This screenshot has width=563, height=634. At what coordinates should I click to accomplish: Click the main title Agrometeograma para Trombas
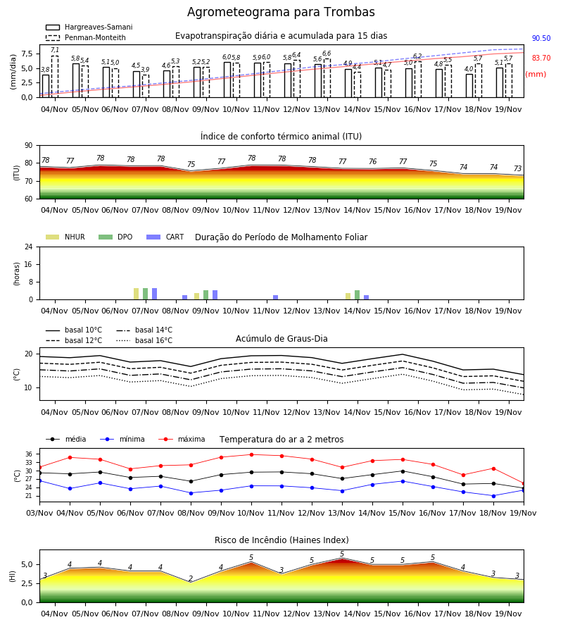[x=281, y=12]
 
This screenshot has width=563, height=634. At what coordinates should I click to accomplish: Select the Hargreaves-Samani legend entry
[x=89, y=27]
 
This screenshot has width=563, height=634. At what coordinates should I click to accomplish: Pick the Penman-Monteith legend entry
[x=86, y=37]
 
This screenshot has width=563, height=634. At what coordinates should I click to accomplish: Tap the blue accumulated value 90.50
[x=541, y=39]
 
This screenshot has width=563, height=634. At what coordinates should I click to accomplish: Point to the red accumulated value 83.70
[x=541, y=58]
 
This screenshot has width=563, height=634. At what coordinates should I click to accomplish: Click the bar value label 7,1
[x=55, y=50]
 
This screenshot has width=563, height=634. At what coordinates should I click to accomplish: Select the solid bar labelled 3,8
[x=46, y=86]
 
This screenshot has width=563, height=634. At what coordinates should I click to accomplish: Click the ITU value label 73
[x=518, y=168]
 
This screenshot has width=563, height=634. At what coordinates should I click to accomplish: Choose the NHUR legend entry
[x=65, y=237]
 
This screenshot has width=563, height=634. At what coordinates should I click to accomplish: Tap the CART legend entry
[x=165, y=237]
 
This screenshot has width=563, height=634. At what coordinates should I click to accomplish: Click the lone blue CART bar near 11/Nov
[x=275, y=297]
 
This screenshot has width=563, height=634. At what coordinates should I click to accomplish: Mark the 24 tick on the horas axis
[x=29, y=247]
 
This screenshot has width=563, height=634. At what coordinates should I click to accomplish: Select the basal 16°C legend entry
[x=144, y=340]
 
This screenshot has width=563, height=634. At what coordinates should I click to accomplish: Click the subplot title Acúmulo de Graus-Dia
[x=281, y=339]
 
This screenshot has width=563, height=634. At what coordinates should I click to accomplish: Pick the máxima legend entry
[x=182, y=439]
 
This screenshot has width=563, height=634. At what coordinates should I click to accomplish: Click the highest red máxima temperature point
[x=252, y=454]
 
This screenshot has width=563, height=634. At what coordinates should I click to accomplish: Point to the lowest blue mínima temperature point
[x=493, y=496]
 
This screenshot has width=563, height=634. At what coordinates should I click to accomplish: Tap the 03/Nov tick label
[x=39, y=513]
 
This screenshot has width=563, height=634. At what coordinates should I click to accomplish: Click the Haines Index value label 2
[x=191, y=578]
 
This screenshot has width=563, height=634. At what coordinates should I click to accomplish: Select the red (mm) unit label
[x=536, y=75]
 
